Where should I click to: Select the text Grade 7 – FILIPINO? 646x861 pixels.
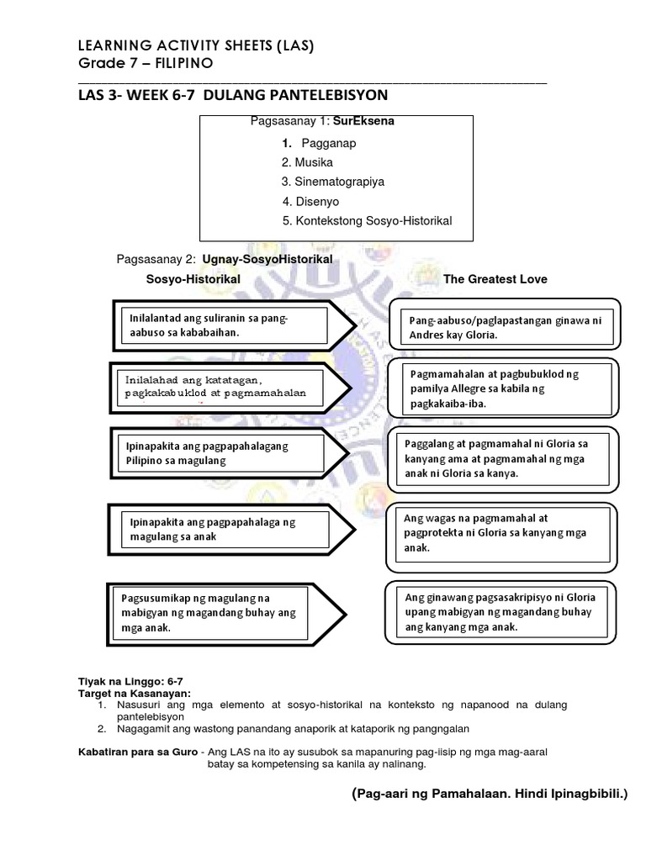[146, 64]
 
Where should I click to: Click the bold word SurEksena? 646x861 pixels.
[363, 121]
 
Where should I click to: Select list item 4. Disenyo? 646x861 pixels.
[310, 201]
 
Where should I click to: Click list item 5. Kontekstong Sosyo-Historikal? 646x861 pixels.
[367, 220]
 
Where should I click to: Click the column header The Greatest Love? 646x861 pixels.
[495, 279]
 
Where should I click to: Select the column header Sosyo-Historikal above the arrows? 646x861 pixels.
[193, 278]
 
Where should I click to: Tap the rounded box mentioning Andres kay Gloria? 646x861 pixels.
[502, 327]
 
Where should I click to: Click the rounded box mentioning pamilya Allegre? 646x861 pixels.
[502, 388]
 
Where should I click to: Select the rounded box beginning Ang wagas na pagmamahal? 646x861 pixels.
[502, 533]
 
